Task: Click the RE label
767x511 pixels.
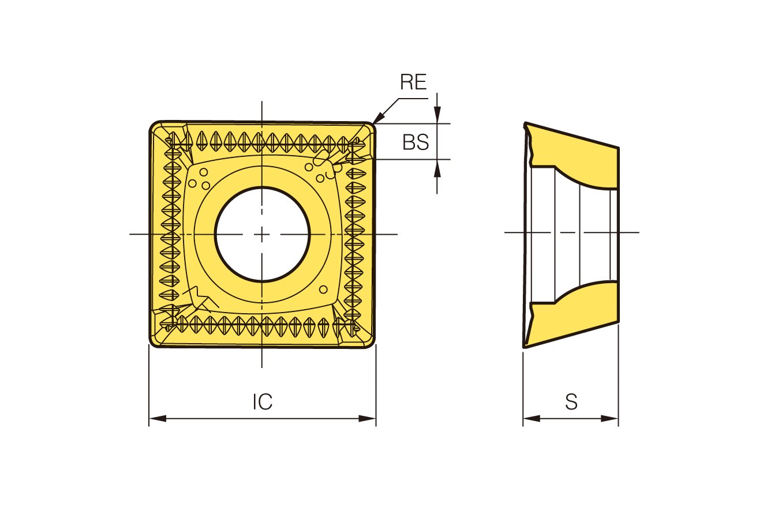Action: (x=413, y=82)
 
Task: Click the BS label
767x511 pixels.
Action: (x=416, y=142)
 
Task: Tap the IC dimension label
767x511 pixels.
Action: (x=262, y=402)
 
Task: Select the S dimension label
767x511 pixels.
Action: (x=571, y=402)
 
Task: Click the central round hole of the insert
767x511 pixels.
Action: (x=262, y=235)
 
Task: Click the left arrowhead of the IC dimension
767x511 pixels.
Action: (x=158, y=418)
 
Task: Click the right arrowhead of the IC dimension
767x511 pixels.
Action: (x=367, y=418)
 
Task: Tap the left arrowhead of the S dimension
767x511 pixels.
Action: (x=532, y=418)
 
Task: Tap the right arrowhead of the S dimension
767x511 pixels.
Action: (x=610, y=418)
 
